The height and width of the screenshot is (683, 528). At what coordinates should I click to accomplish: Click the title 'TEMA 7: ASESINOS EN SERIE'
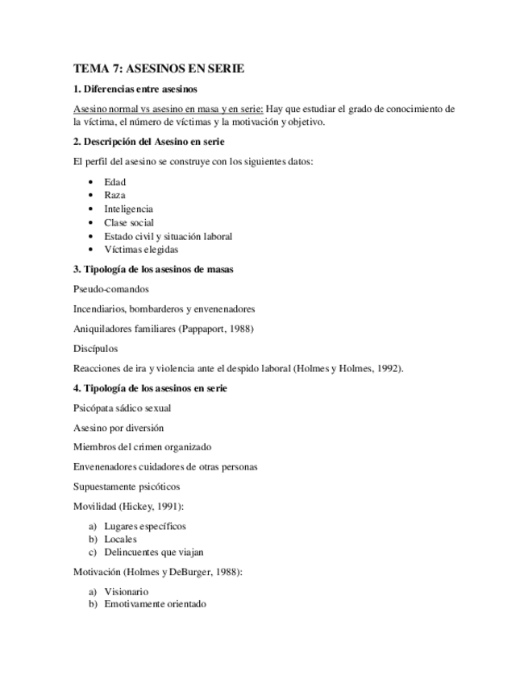(158, 69)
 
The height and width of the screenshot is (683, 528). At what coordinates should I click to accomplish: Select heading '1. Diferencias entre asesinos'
(135, 89)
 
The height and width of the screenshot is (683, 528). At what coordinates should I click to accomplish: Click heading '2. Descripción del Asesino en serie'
(149, 142)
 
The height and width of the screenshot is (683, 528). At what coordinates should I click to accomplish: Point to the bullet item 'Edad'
(114, 182)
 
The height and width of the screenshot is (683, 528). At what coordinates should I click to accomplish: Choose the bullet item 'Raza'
(114, 196)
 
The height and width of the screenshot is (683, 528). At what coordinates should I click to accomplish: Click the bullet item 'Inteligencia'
(128, 209)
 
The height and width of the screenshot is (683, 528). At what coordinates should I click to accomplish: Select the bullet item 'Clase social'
(129, 222)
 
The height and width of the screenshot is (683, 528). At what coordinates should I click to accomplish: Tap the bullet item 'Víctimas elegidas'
(141, 250)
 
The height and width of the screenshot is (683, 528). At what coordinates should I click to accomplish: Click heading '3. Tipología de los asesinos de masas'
(153, 269)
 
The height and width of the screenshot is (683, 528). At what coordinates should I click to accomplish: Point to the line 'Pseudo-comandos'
(110, 289)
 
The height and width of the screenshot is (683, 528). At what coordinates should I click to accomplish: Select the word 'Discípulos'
(95, 349)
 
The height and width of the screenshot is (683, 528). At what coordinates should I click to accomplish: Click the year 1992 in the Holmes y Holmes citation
(389, 369)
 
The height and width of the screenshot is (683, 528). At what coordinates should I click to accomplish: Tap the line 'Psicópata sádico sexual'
(122, 408)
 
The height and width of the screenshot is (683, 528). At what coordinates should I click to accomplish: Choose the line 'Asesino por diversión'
(118, 428)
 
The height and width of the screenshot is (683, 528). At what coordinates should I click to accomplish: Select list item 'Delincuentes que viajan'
(153, 553)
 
